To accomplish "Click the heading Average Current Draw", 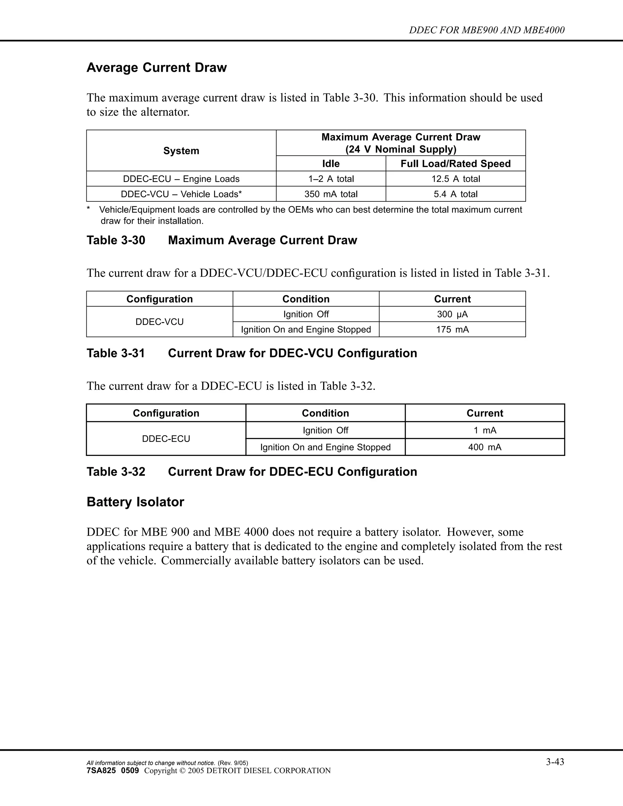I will click(x=156, y=68).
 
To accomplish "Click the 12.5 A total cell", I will click(x=456, y=179).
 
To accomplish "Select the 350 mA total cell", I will click(x=331, y=194).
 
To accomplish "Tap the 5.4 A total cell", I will click(x=456, y=194).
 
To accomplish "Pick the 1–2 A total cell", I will click(x=331, y=179).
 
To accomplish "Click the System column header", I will click(x=181, y=151).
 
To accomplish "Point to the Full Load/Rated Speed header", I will click(x=456, y=164).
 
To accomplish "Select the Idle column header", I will click(x=331, y=164).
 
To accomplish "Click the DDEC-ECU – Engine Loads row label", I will click(x=181, y=179).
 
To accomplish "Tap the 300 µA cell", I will click(x=452, y=314).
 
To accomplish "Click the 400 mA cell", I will click(x=485, y=447).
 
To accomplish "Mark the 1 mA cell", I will click(x=485, y=430).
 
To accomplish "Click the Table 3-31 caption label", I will click(x=116, y=353).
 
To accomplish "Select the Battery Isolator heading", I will click(x=135, y=502).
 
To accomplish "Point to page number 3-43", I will click(x=555, y=762).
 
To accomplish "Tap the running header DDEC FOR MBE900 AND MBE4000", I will click(x=486, y=30).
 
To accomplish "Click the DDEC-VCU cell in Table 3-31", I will click(x=159, y=322).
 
